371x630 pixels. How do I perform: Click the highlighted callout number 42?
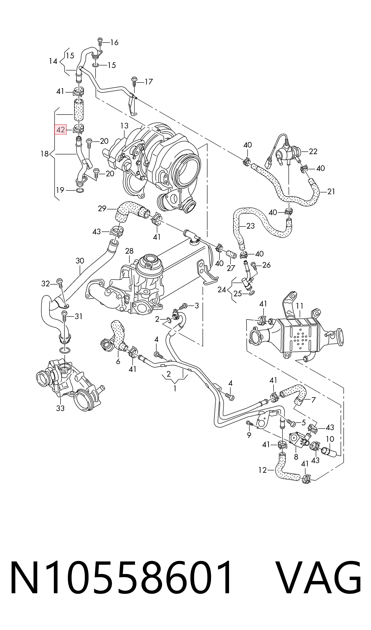(x=60, y=130)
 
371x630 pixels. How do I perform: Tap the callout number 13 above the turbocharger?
(x=124, y=125)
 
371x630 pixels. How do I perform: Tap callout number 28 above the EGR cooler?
(x=129, y=251)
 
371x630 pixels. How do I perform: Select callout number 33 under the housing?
(x=60, y=408)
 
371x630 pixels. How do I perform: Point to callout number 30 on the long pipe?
(x=80, y=261)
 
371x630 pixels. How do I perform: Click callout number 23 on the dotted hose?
(x=251, y=226)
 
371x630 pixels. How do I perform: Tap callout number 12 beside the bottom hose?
(x=262, y=470)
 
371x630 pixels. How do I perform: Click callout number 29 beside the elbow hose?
(x=102, y=208)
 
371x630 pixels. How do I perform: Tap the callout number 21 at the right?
(x=331, y=192)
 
